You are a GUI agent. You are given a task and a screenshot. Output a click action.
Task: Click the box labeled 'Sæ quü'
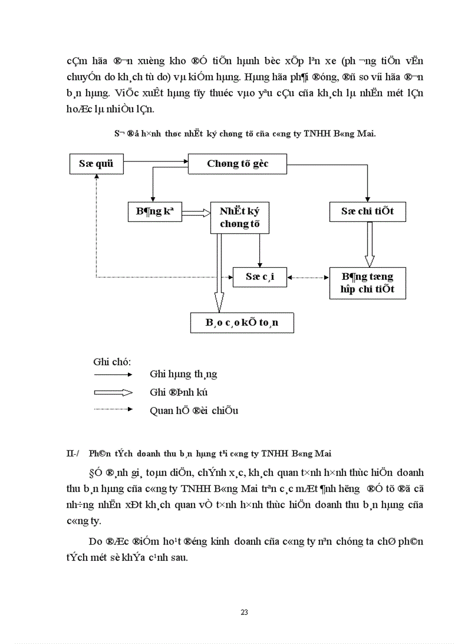(x=96, y=163)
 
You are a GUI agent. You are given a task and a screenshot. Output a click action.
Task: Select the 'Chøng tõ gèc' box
(x=237, y=164)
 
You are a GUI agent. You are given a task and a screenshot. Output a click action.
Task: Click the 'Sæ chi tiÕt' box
(x=367, y=212)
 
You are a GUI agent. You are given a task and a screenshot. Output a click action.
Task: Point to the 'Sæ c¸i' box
(x=260, y=276)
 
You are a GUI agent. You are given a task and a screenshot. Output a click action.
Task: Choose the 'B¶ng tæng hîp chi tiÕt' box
(x=368, y=283)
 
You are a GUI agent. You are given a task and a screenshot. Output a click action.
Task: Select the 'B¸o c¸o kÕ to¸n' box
(x=242, y=322)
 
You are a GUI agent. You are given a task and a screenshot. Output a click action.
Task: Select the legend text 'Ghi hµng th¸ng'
(x=183, y=374)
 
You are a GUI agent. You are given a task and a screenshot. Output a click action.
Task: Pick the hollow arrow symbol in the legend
(x=113, y=392)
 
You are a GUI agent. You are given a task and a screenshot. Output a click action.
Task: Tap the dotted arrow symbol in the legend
(x=113, y=409)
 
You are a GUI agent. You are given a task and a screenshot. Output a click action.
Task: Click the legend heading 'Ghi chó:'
(x=112, y=362)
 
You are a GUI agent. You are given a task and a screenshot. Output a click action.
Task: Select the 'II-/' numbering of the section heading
(x=73, y=453)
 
